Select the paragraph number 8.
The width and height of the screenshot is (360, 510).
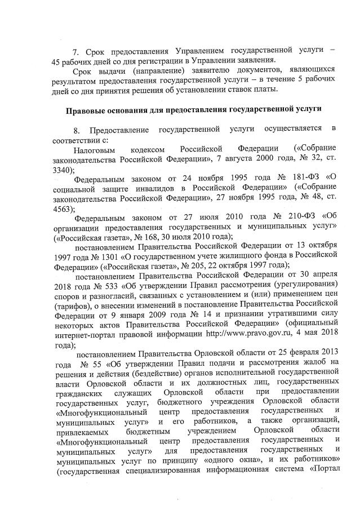[x=77, y=130]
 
